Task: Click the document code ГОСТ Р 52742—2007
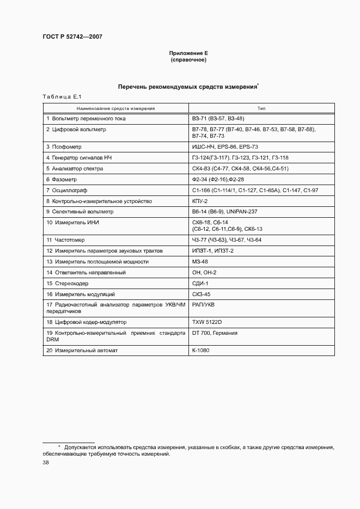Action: [72, 36]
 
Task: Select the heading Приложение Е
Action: [188, 53]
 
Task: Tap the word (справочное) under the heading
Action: [188, 60]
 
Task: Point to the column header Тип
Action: [261, 108]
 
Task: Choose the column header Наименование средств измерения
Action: [115, 108]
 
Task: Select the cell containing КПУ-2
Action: [200, 201]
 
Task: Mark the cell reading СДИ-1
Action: [200, 283]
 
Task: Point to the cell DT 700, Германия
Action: [215, 333]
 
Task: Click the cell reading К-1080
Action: [201, 350]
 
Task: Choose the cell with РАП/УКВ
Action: [203, 305]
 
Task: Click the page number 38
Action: [46, 462]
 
